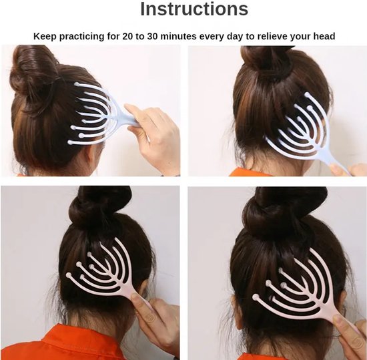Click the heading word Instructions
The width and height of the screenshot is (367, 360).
pos(194,9)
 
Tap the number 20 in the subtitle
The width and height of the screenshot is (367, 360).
pos(127,36)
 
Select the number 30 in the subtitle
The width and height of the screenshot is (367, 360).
pos(153,36)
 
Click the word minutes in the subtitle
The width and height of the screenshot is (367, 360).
pos(179,36)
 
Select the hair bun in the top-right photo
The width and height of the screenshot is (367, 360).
pos(268,61)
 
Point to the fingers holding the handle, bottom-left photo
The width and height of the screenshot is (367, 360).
pos(149,311)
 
